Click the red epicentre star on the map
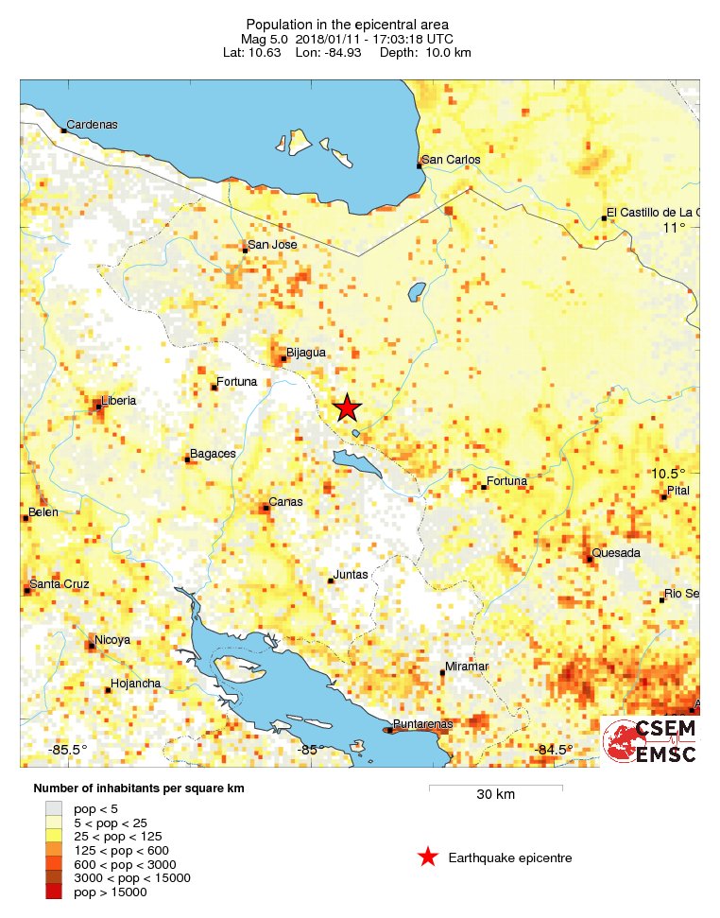tap(347, 407)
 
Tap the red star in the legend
tap(427, 857)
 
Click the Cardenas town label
tap(92, 125)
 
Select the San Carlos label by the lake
tap(451, 160)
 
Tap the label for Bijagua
tap(306, 353)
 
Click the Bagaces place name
tap(213, 454)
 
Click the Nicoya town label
tap(112, 640)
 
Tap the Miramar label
tap(468, 667)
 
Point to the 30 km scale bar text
tap(495, 795)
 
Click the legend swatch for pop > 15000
tap(58, 892)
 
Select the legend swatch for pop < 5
tap(58, 808)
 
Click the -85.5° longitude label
tap(68, 750)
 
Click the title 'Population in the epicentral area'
tap(347, 25)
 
